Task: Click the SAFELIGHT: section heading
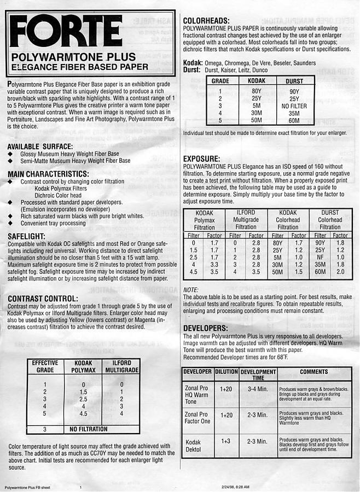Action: [x=30, y=236]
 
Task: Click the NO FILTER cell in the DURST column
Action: [x=294, y=106]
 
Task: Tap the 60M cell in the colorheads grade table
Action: [x=294, y=121]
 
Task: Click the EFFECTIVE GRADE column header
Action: [x=45, y=366]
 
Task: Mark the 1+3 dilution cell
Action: [x=225, y=441]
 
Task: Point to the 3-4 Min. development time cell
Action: [x=257, y=389]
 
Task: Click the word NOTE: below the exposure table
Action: [x=191, y=289]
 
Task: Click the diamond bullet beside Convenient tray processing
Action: [x=10, y=223]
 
